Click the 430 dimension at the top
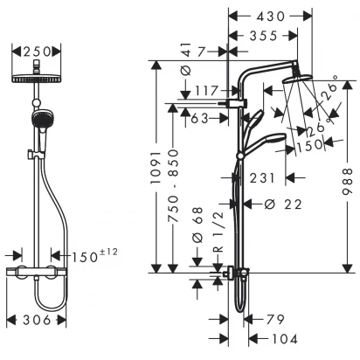[270, 17]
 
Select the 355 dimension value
[263, 36]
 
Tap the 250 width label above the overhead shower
[37, 52]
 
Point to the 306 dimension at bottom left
[37, 321]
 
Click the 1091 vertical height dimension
[156, 168]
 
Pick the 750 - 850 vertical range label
[174, 186]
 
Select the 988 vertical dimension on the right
[348, 181]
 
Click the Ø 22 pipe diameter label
[283, 204]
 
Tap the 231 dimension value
[262, 178]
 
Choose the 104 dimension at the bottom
[285, 339]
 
